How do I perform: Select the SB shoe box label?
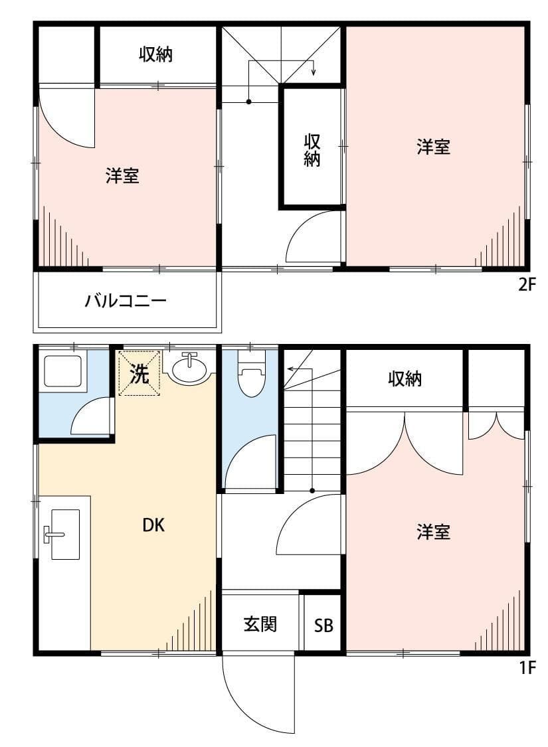[323, 625]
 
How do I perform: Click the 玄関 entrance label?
[260, 624]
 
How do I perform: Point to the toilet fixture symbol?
[251, 375]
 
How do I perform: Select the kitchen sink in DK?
[65, 535]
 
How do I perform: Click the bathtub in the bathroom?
[62, 371]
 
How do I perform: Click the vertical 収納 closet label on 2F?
[312, 150]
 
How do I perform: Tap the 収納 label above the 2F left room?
[156, 55]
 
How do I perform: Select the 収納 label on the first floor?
[405, 379]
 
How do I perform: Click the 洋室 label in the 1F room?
[433, 532]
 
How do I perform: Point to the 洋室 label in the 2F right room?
[433, 147]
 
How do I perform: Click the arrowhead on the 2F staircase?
[314, 73]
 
